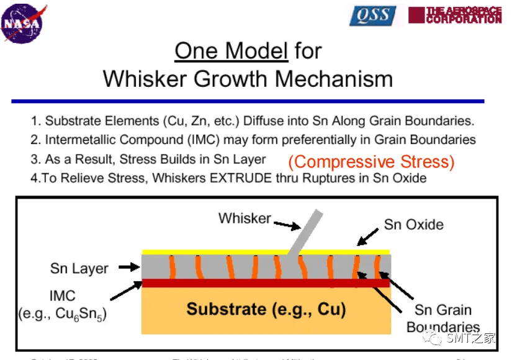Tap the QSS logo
(x=372, y=16)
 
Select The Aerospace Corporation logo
(x=454, y=15)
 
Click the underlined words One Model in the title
(x=231, y=51)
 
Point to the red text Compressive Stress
(x=371, y=162)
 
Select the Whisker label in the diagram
(x=245, y=218)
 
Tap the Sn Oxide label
(x=413, y=224)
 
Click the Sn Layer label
(x=79, y=269)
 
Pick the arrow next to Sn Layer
(x=128, y=268)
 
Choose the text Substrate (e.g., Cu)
(x=266, y=308)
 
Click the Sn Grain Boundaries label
(x=443, y=318)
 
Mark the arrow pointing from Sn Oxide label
(x=368, y=237)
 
